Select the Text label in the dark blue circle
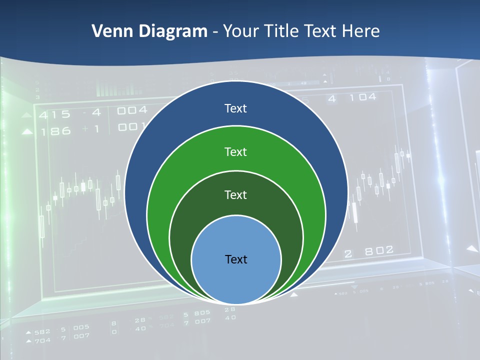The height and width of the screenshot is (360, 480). pyautogui.click(x=235, y=108)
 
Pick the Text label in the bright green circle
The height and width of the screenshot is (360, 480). pyautogui.click(x=235, y=152)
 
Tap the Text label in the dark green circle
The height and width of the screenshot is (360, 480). pyautogui.click(x=235, y=195)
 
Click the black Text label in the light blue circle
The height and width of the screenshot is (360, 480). pyautogui.click(x=236, y=259)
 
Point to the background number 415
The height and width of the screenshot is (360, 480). pyautogui.click(x=55, y=114)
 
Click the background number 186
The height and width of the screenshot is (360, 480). pyautogui.click(x=55, y=131)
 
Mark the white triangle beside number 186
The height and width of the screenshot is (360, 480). pyautogui.click(x=27, y=132)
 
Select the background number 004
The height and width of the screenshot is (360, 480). pyautogui.click(x=132, y=110)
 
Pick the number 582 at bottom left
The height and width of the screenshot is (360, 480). pyautogui.click(x=42, y=331)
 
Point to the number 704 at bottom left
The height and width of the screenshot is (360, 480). pyautogui.click(x=42, y=340)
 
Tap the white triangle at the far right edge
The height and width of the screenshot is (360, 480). pyautogui.click(x=472, y=248)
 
